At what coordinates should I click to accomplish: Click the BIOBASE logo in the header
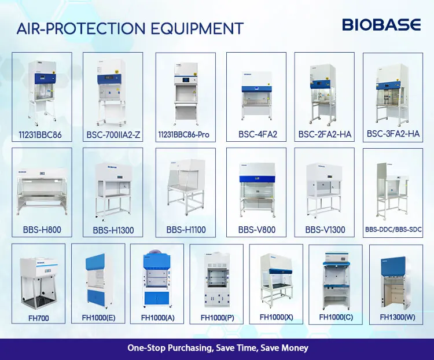click(x=381, y=25)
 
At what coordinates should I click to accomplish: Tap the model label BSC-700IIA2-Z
click(x=113, y=135)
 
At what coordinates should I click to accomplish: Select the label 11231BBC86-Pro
click(x=184, y=135)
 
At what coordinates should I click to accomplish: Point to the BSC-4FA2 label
click(x=258, y=135)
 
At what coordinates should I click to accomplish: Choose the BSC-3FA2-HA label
click(x=393, y=134)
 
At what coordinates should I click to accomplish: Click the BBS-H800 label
click(x=42, y=230)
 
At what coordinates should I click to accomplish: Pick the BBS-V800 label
click(x=257, y=230)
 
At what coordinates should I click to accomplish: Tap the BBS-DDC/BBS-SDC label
click(x=393, y=230)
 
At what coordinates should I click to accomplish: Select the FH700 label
click(x=39, y=318)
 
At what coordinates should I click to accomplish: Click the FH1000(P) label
click(x=217, y=318)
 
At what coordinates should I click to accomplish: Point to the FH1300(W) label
click(x=398, y=317)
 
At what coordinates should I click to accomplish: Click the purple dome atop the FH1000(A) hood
click(x=155, y=251)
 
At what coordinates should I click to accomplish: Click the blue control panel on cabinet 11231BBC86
click(x=45, y=78)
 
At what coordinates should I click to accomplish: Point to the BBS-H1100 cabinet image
click(x=186, y=187)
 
